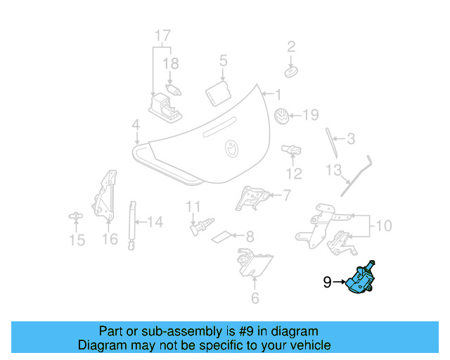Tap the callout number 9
point(327,283)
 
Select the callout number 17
point(162,34)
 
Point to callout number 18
point(171,63)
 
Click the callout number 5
point(223,60)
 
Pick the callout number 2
point(290,47)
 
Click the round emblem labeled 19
point(280,116)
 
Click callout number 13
point(333,170)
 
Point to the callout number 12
point(293,173)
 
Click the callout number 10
point(383,226)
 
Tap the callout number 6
point(255,297)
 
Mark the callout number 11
point(193,207)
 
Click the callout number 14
point(155,222)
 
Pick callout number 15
point(77,240)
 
